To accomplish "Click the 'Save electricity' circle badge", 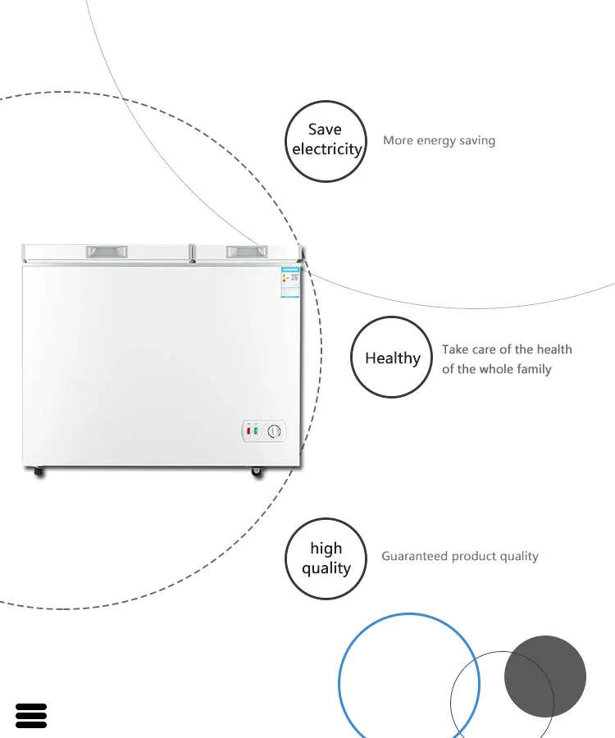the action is [x=326, y=140].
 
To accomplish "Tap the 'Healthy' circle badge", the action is [x=392, y=358].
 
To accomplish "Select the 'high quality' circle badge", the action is [x=326, y=558].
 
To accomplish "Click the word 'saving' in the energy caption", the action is [x=476, y=140].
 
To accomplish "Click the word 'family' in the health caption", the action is [x=534, y=369].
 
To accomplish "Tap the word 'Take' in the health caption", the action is [x=455, y=349].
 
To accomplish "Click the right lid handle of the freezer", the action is [x=246, y=251].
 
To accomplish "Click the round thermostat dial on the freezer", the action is [x=275, y=431].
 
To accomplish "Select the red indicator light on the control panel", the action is [x=247, y=431].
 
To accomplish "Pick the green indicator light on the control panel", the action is [x=256, y=431].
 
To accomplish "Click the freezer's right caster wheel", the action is [x=257, y=472].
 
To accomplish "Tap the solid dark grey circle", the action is [x=545, y=676].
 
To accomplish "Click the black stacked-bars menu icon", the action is [x=31, y=715].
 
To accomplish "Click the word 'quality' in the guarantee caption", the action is [x=519, y=556].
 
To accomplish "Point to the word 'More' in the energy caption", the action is [x=398, y=140].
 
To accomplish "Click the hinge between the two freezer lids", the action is [x=191, y=253].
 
